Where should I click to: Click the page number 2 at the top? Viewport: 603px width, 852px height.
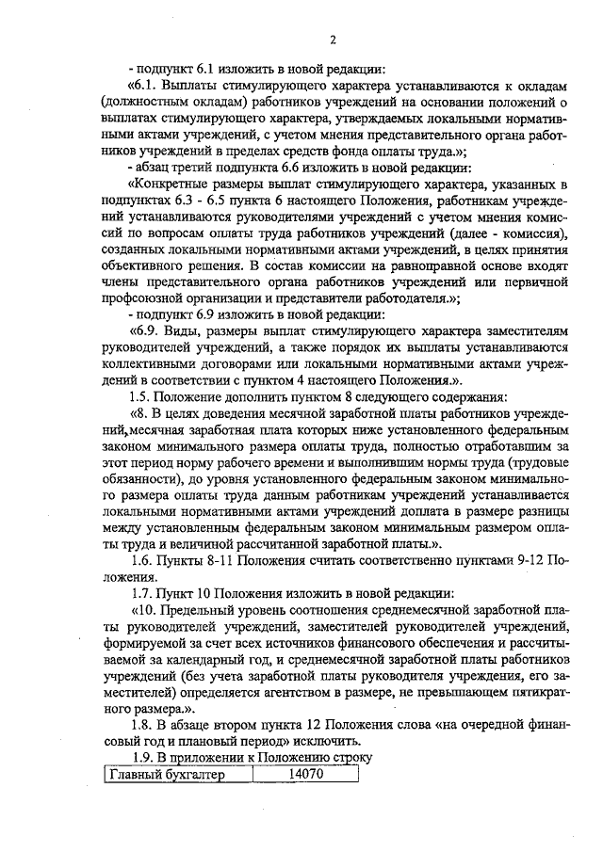(x=334, y=39)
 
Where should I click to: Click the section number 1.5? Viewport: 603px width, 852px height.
(x=141, y=396)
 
